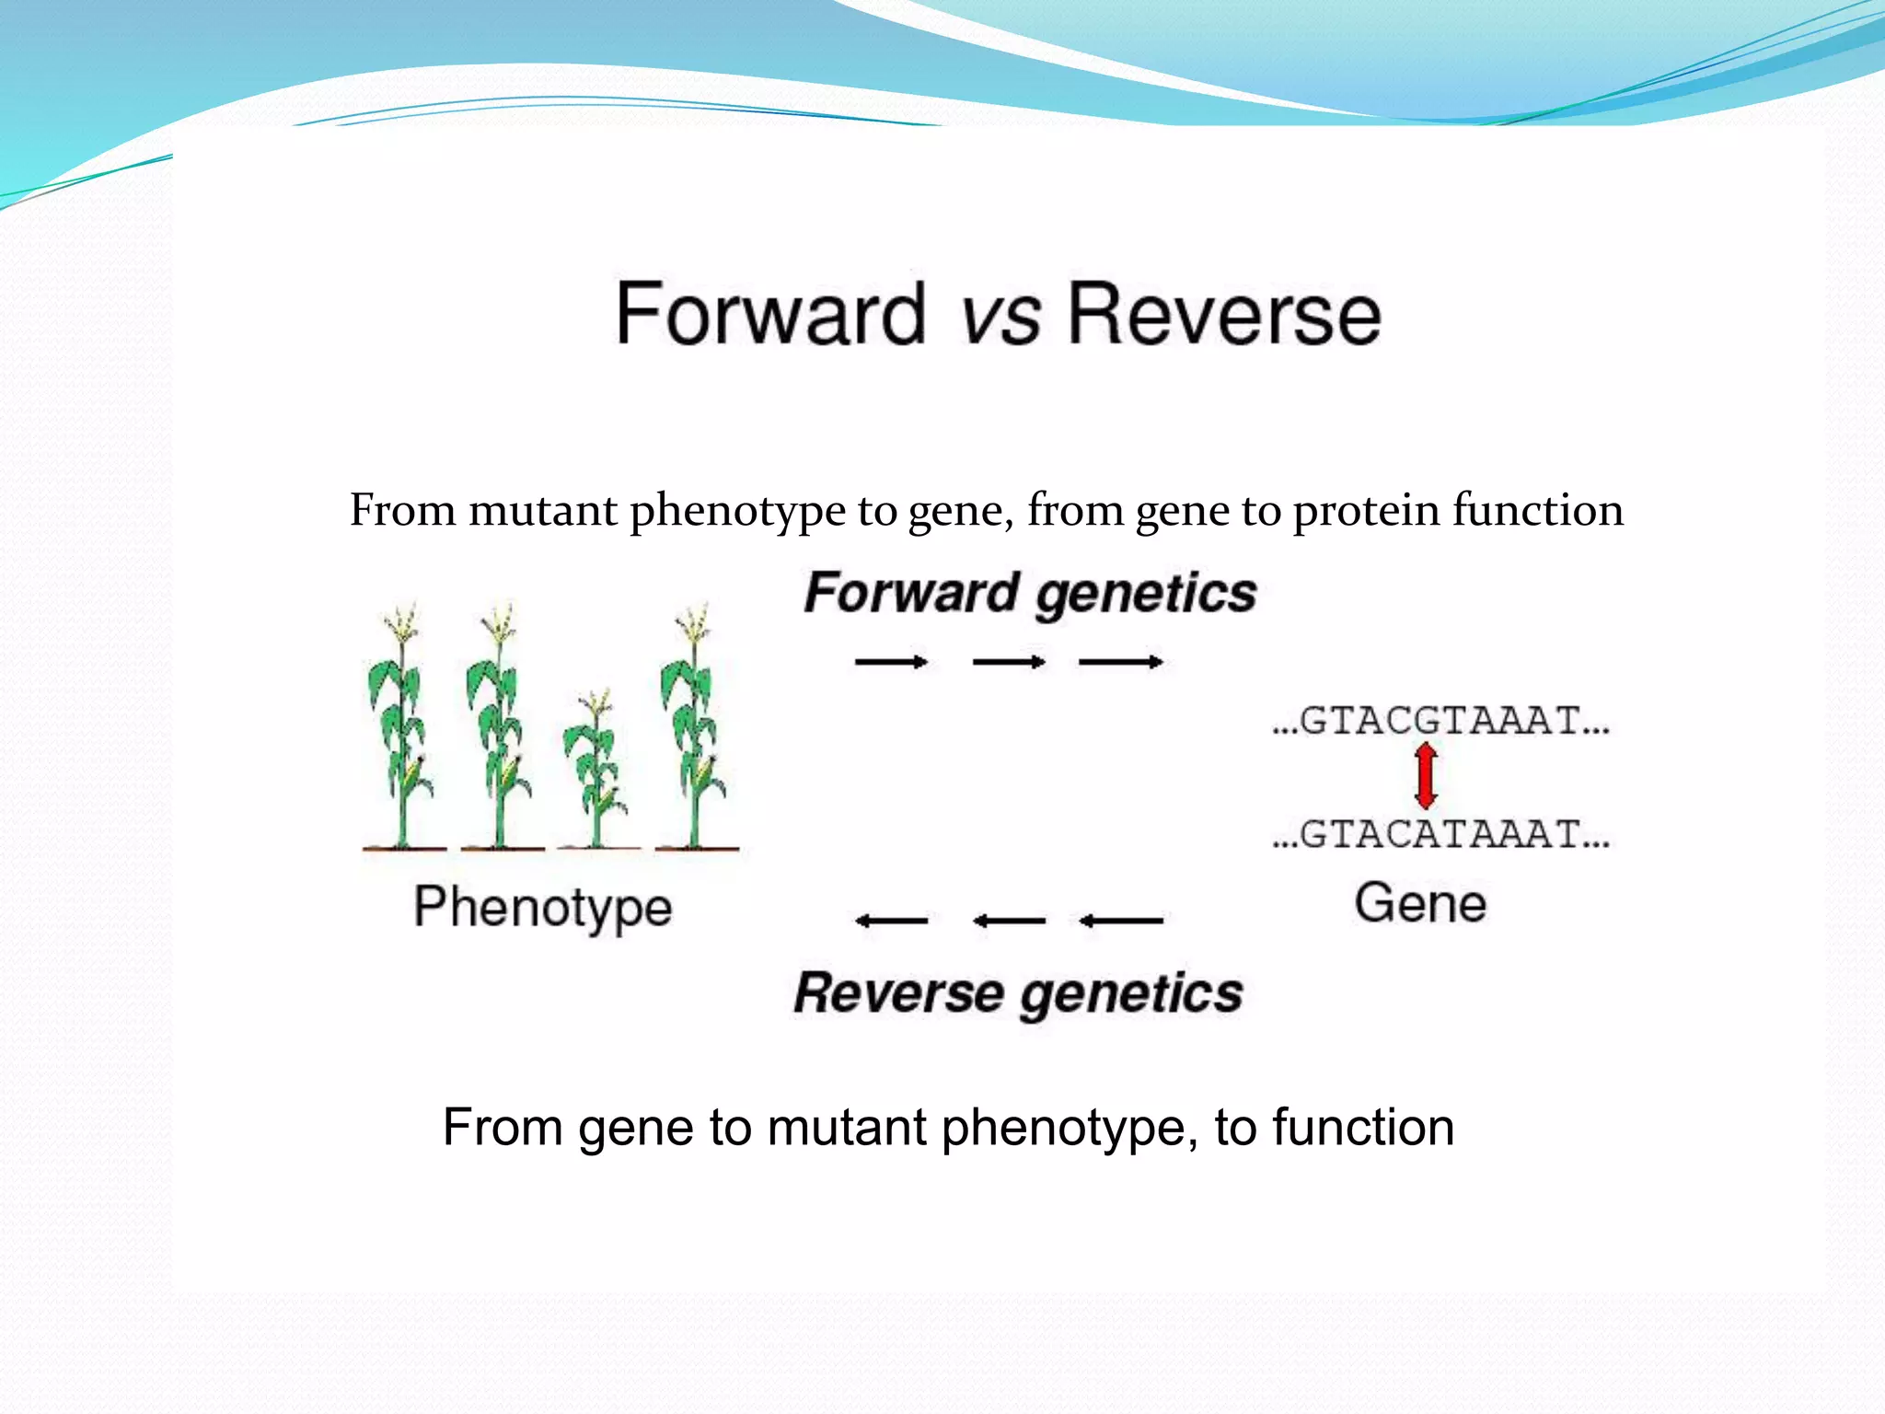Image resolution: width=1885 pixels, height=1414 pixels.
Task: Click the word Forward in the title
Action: pyautogui.click(x=769, y=314)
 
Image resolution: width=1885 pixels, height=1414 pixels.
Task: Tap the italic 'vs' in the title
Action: pyautogui.click(x=1000, y=318)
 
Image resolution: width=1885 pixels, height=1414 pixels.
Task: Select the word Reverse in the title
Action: pyautogui.click(x=1223, y=314)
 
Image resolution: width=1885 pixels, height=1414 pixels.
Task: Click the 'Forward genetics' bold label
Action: pyautogui.click(x=1029, y=594)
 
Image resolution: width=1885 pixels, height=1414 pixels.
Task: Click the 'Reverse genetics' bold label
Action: pyautogui.click(x=1018, y=994)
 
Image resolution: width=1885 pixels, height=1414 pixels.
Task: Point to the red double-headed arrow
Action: pyautogui.click(x=1426, y=777)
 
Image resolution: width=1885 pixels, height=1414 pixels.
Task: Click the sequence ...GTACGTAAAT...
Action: pyautogui.click(x=1440, y=721)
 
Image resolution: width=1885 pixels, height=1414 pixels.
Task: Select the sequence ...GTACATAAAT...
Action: pyautogui.click(x=1440, y=834)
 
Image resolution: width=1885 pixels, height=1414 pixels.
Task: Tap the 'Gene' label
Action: pyautogui.click(x=1420, y=903)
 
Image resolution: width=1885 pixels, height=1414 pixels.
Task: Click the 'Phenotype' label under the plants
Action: pyautogui.click(x=543, y=909)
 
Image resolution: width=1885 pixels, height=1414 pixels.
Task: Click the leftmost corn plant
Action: pyautogui.click(x=401, y=727)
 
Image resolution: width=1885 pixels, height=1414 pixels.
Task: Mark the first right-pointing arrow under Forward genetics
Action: pyautogui.click(x=890, y=662)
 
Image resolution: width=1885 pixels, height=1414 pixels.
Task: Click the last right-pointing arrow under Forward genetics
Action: pyautogui.click(x=1120, y=662)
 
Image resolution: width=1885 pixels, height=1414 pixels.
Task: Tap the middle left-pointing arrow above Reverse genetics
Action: pyautogui.click(x=1009, y=920)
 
